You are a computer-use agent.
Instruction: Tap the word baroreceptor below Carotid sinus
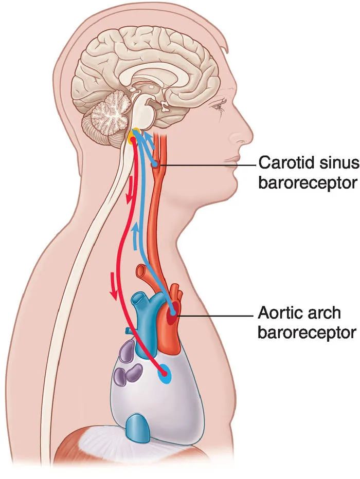tap(308, 183)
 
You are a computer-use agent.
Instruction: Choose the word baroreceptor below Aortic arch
tap(307, 333)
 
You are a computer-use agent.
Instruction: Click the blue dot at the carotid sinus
tap(155, 164)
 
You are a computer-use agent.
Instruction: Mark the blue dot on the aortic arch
tap(173, 312)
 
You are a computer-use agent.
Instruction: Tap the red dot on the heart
tap(165, 373)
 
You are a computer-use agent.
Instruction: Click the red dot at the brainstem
tap(133, 139)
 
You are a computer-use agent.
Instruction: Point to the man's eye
tap(219, 106)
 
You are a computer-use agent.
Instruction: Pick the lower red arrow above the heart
tap(113, 286)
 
